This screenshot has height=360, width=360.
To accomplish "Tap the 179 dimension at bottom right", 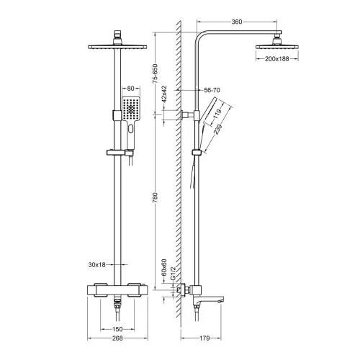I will click(205, 338).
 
